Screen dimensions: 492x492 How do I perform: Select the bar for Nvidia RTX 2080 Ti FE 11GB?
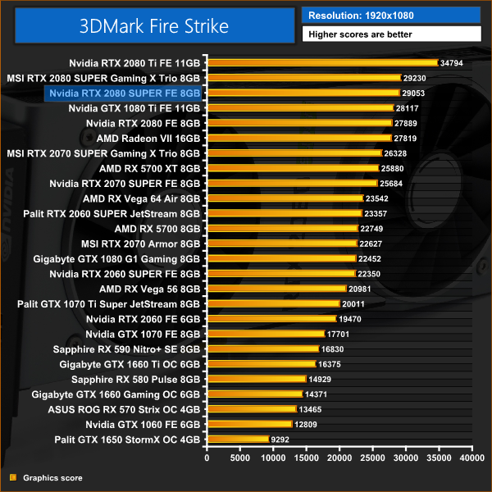[322, 62]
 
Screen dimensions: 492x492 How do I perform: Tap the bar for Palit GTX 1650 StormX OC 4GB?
[239, 439]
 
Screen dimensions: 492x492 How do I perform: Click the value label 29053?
[415, 93]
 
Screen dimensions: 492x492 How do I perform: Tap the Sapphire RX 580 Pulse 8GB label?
[135, 379]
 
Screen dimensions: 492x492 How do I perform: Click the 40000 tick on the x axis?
[471, 457]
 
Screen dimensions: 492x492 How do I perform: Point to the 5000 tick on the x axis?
[240, 457]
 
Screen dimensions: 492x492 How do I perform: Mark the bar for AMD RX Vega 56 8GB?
[276, 289]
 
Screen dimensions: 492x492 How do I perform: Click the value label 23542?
[379, 198]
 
